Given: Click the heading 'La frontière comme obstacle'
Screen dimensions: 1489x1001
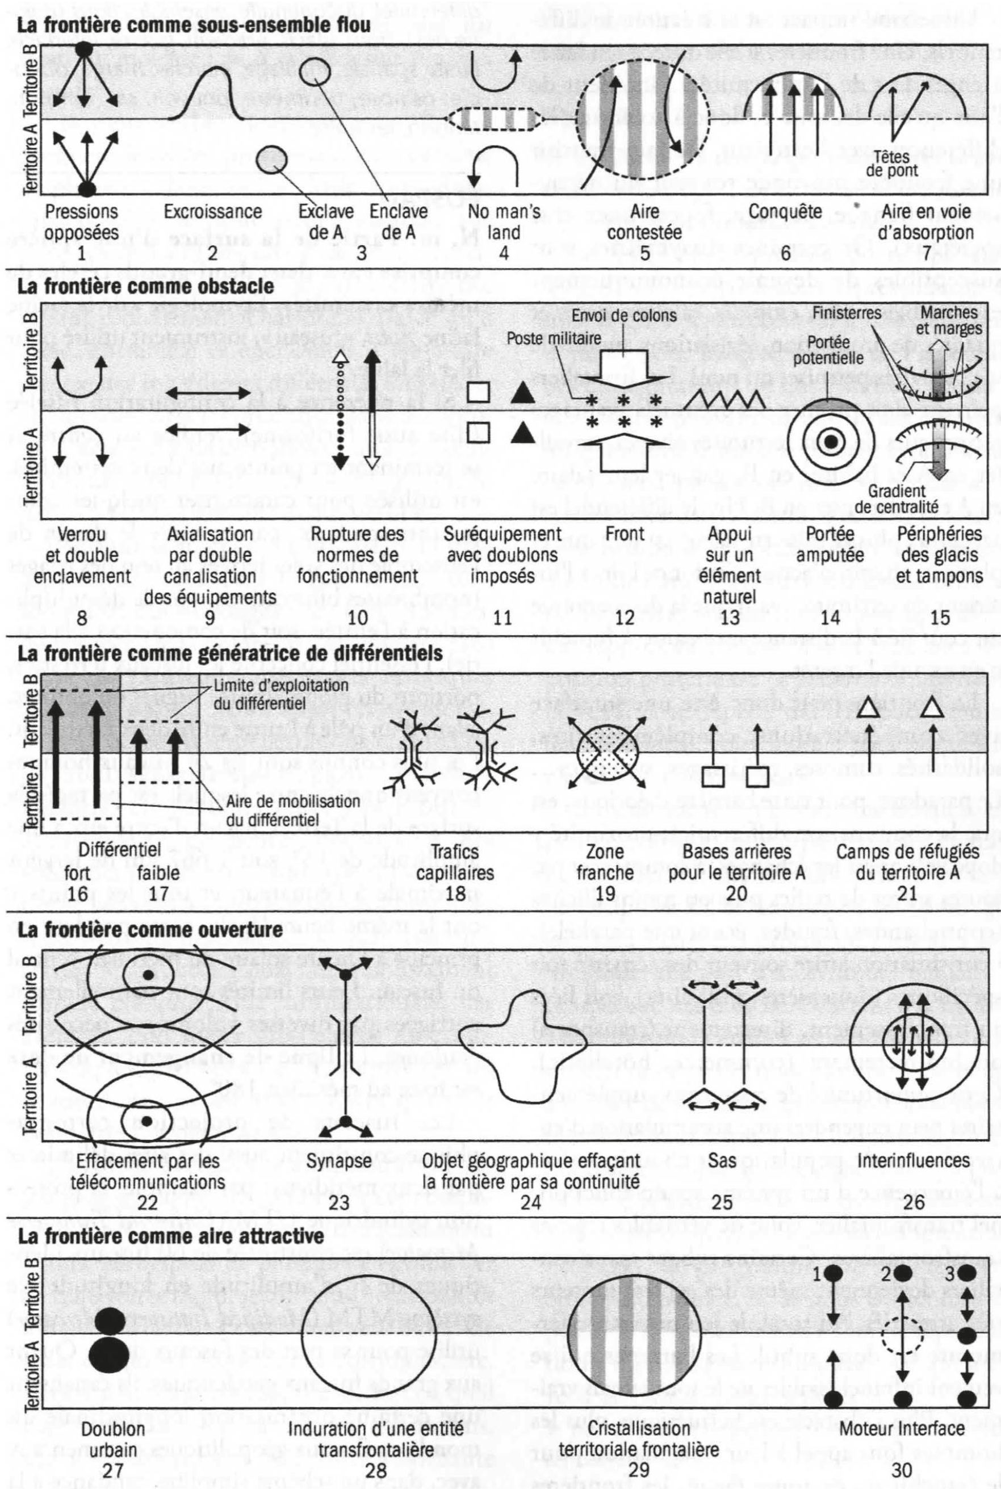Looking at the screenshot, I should point(145,286).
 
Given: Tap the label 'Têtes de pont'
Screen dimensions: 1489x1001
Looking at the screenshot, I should point(893,163).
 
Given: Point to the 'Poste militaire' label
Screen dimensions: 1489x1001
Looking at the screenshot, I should point(554,338).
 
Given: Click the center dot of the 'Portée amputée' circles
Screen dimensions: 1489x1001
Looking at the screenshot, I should point(831,441).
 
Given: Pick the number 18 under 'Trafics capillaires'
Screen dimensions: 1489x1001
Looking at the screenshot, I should point(455,892).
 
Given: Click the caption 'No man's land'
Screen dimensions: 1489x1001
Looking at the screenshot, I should point(504,221).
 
